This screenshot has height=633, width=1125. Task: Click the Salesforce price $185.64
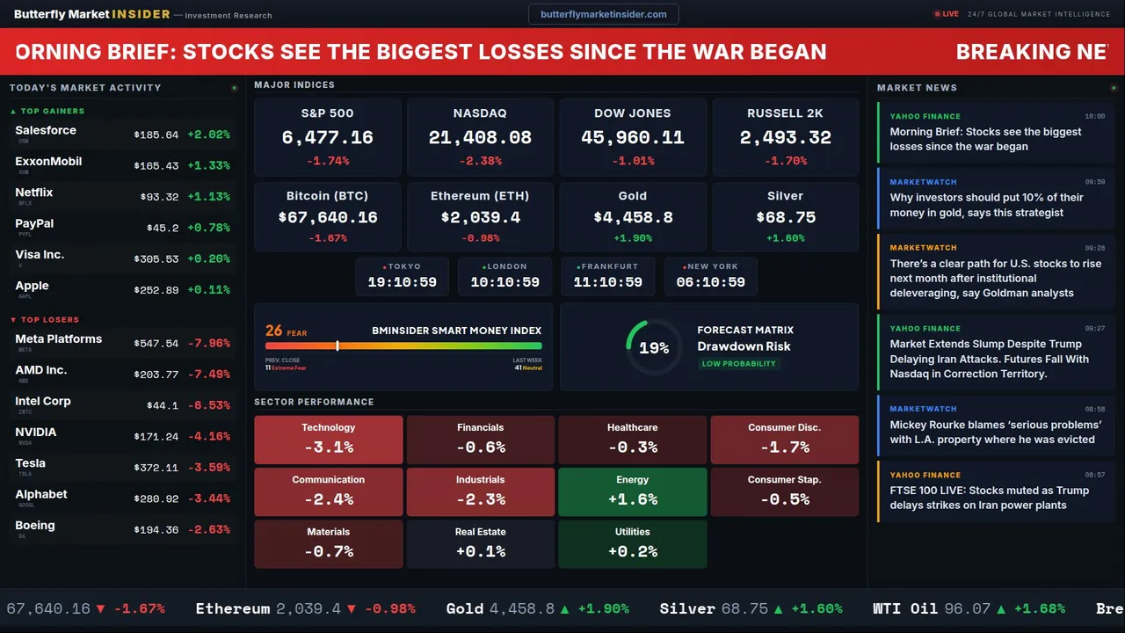click(x=156, y=135)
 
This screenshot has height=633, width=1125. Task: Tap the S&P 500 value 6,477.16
click(x=327, y=138)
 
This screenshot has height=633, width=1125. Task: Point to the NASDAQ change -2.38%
click(x=480, y=161)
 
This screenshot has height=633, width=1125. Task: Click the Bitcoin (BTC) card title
click(x=327, y=196)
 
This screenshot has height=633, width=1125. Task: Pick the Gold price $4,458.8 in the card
click(x=633, y=217)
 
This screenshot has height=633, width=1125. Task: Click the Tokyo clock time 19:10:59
click(x=402, y=282)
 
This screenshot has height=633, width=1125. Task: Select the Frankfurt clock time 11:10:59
click(x=607, y=282)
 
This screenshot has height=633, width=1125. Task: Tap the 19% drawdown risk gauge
click(x=654, y=348)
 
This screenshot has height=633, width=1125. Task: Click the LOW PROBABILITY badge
click(x=738, y=364)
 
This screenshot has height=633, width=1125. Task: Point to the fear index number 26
click(x=274, y=331)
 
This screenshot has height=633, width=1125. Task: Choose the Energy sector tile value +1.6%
click(x=633, y=499)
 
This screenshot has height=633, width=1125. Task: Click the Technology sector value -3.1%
click(x=328, y=447)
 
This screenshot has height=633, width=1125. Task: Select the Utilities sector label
click(x=633, y=532)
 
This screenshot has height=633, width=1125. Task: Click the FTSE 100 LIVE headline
click(x=989, y=498)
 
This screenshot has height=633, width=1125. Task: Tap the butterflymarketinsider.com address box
click(x=603, y=14)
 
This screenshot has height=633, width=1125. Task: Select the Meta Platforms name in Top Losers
click(x=59, y=339)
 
